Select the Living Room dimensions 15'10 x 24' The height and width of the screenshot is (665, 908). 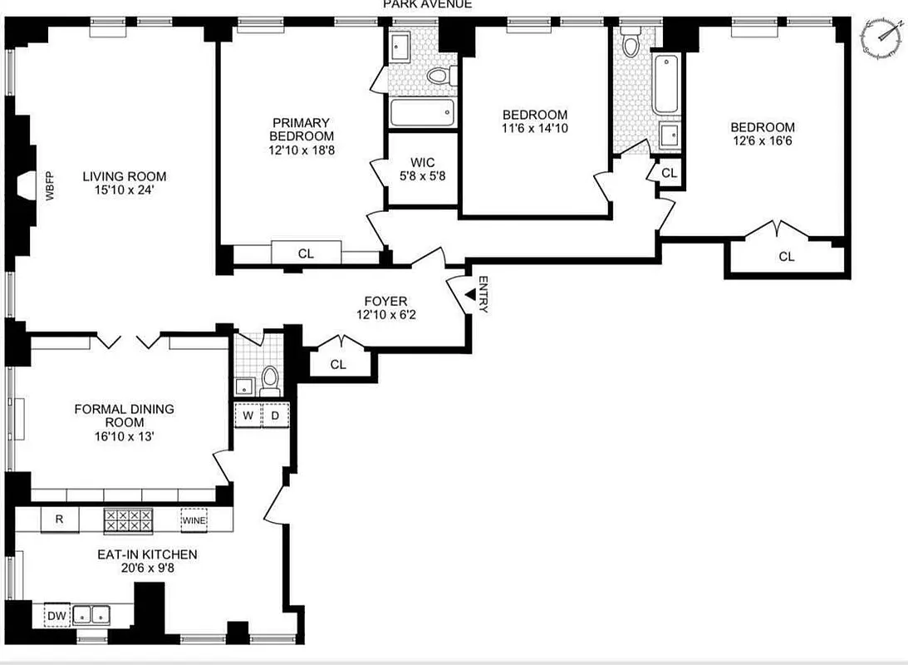[124, 190]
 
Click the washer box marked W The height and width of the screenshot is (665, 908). [248, 415]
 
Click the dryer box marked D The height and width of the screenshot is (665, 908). [275, 415]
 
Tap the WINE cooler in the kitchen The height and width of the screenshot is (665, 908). [194, 520]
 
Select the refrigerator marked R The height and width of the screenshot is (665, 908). [60, 520]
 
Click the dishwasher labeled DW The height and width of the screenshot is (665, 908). [56, 615]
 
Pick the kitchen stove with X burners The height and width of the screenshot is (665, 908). [128, 521]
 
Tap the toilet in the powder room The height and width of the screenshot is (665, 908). [269, 381]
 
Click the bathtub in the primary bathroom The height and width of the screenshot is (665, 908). [422, 111]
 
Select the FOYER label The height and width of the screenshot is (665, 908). [385, 301]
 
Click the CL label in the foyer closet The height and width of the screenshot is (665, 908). [337, 364]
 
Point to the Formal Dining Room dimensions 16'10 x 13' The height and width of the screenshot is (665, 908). [124, 436]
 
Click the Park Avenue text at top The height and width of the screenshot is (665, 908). [427, 4]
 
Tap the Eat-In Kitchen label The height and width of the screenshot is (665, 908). [146, 554]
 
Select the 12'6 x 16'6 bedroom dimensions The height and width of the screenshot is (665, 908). [762, 141]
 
